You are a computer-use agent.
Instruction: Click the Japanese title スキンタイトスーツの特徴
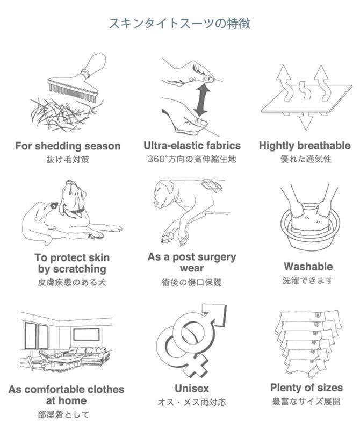coord(179,24)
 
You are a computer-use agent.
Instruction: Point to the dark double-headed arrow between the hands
coord(201,100)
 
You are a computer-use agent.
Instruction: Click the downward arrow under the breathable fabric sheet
coord(305,121)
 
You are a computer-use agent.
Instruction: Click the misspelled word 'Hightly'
coord(276,146)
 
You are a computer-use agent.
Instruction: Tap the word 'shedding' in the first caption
coord(59,146)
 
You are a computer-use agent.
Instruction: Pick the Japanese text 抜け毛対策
coord(68,159)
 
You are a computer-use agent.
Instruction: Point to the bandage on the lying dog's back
coord(211,185)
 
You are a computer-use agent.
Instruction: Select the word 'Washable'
coord(308,267)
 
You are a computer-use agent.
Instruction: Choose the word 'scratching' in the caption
coord(80,269)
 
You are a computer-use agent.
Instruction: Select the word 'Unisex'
coord(192,388)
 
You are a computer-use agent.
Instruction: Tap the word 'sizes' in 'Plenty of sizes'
coord(329,388)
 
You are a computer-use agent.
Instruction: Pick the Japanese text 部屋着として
coord(63,414)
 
